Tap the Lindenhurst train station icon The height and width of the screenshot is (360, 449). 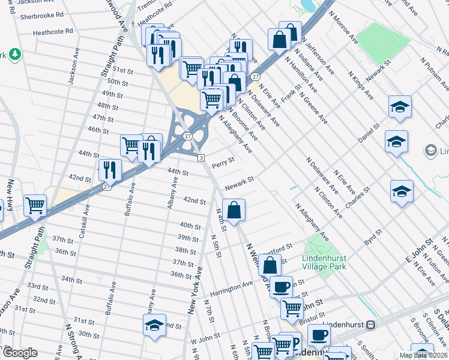click(371, 325)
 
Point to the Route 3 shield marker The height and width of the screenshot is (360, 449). click(202, 157)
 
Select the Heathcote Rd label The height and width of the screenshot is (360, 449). click(53, 31)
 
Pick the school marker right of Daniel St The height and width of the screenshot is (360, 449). click(396, 142)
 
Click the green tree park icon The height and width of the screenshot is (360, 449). click(14, 55)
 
